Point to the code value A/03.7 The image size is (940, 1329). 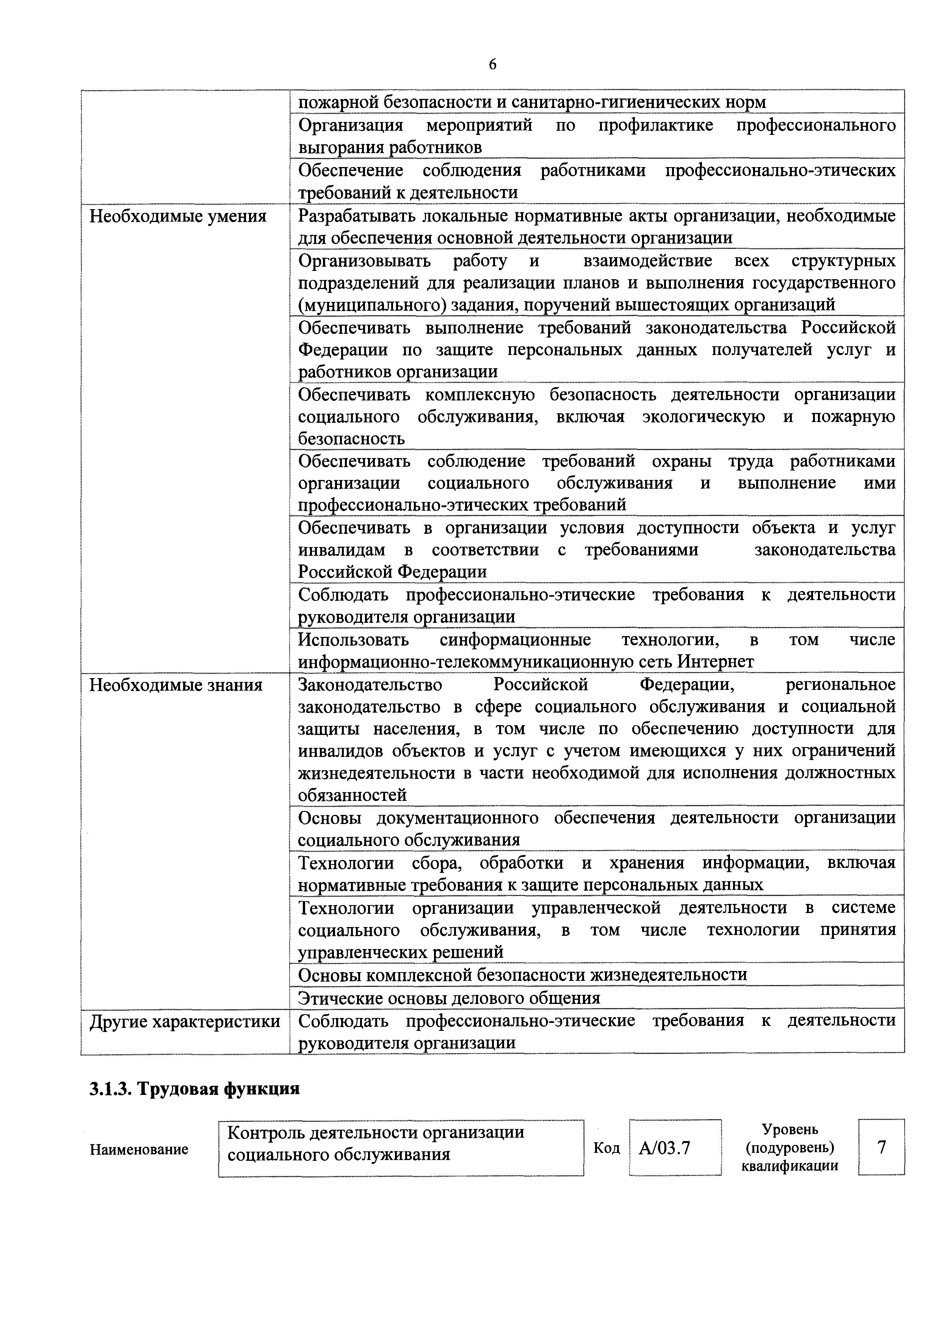click(x=664, y=1148)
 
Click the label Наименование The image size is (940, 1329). click(x=139, y=1149)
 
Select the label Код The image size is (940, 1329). click(x=606, y=1148)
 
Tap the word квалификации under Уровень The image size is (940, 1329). click(x=790, y=1166)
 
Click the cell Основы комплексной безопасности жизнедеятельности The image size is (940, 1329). click(x=522, y=975)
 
